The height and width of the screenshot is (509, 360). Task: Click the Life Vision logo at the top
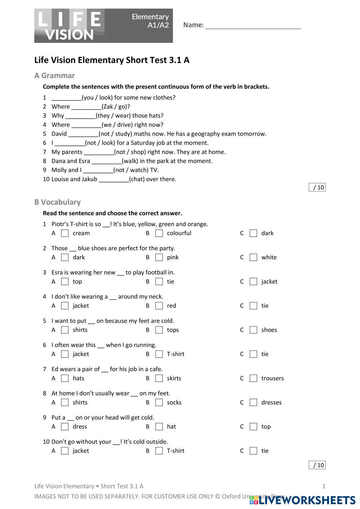(x=103, y=26)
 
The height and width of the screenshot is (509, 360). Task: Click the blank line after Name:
(x=253, y=26)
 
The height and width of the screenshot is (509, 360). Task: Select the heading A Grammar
(x=54, y=76)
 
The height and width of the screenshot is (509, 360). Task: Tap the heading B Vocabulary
(x=57, y=202)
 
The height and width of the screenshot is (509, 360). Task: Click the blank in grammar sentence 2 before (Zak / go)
(x=86, y=107)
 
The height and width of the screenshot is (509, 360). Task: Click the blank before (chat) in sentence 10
(x=114, y=179)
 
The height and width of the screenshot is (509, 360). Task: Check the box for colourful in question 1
(x=159, y=233)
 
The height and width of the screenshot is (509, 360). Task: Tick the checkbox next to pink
(x=159, y=258)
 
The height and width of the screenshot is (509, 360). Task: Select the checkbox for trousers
(x=253, y=378)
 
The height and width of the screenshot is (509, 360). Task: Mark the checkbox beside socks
(x=159, y=403)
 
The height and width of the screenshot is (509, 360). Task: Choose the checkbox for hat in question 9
(x=159, y=427)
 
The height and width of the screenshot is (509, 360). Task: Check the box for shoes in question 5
(x=253, y=330)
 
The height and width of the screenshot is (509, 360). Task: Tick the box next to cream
(x=65, y=233)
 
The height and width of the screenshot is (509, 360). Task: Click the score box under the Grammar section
(x=317, y=187)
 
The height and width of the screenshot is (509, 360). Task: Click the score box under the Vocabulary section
(x=317, y=465)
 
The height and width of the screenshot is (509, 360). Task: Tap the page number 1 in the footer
(x=324, y=486)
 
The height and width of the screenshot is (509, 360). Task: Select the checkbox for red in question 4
(x=159, y=306)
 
